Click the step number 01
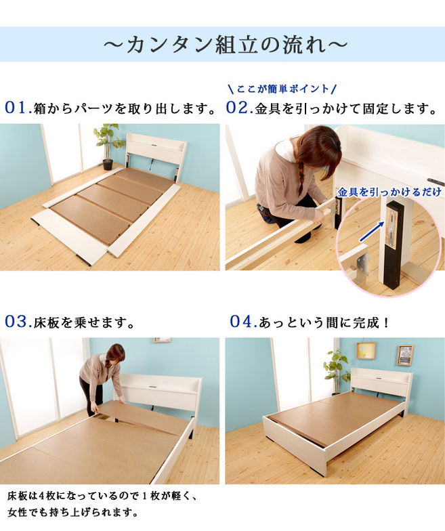[18, 108]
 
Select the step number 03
[18, 322]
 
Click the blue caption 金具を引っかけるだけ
[389, 192]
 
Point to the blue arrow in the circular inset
[371, 232]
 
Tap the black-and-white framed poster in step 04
[405, 355]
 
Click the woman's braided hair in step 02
[301, 177]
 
